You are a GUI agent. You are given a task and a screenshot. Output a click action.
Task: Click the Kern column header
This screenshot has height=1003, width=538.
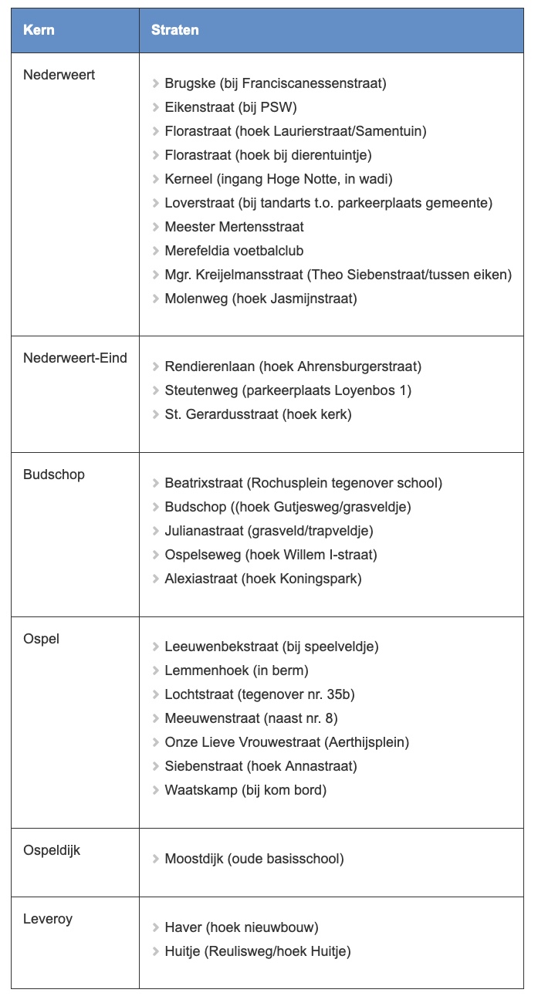point(39,30)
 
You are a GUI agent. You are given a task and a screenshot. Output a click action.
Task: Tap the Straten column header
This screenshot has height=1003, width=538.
point(174,30)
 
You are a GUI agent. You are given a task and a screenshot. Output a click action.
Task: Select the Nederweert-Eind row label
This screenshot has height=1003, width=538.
point(75,358)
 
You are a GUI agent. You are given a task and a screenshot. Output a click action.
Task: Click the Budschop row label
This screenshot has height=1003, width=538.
point(54,474)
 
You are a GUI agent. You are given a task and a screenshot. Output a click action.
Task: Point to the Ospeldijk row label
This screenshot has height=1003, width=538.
point(52,850)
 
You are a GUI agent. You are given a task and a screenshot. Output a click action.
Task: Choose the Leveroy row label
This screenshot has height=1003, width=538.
point(48,919)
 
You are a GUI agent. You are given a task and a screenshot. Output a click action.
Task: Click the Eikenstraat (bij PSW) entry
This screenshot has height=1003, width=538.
point(230,107)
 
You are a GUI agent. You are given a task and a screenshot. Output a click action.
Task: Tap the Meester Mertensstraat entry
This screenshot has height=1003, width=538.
point(234,227)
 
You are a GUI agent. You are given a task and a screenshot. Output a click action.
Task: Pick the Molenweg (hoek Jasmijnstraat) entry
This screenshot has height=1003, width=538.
point(260,299)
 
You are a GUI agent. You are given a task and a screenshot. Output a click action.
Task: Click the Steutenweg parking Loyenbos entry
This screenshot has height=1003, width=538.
point(287,390)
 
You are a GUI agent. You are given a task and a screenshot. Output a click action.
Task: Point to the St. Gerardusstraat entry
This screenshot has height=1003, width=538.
point(258,414)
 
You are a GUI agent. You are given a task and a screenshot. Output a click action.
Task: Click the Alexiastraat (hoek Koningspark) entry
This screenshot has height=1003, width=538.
point(262,579)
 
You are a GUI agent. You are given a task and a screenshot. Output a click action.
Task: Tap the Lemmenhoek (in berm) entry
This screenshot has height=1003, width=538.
point(236,670)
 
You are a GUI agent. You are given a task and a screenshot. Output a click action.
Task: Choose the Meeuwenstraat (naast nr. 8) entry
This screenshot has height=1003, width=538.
point(251,718)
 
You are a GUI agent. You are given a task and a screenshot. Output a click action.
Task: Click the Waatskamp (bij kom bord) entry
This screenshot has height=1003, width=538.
point(245,790)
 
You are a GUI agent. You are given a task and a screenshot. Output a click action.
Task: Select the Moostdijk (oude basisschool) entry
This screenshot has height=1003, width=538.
point(254,859)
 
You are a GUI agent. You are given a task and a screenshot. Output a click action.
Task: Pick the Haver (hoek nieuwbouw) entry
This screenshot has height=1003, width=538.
point(241,927)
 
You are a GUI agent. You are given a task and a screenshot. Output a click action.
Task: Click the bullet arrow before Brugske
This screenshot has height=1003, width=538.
point(156,83)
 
